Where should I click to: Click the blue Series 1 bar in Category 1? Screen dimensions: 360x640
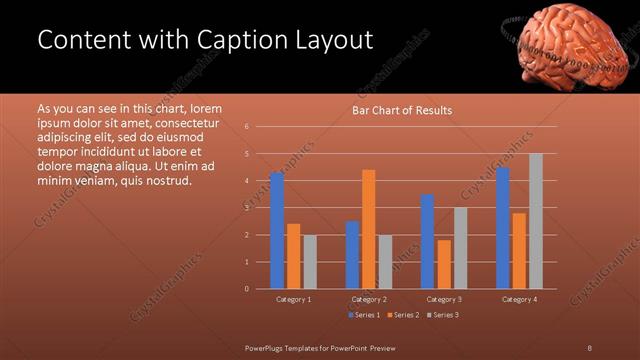click(x=277, y=231)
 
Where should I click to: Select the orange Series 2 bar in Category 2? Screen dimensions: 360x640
click(x=368, y=229)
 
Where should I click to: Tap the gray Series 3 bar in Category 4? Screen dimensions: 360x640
click(x=535, y=221)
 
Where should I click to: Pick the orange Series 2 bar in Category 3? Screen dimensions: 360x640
click(x=443, y=264)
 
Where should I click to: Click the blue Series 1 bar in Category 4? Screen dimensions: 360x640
click(x=502, y=228)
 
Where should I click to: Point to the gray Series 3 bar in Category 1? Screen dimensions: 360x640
click(x=309, y=261)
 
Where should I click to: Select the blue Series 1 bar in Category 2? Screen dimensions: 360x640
click(x=352, y=255)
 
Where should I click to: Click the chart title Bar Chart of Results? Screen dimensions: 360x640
click(x=401, y=110)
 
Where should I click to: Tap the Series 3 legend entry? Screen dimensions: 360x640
click(x=443, y=315)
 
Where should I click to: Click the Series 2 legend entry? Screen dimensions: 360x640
click(x=404, y=315)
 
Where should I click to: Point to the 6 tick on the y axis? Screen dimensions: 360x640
click(x=246, y=127)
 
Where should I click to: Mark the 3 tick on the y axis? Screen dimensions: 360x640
click(x=246, y=208)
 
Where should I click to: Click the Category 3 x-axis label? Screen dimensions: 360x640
click(x=443, y=299)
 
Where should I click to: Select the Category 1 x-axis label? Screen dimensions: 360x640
click(x=293, y=299)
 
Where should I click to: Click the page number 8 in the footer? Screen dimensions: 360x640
click(x=588, y=346)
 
